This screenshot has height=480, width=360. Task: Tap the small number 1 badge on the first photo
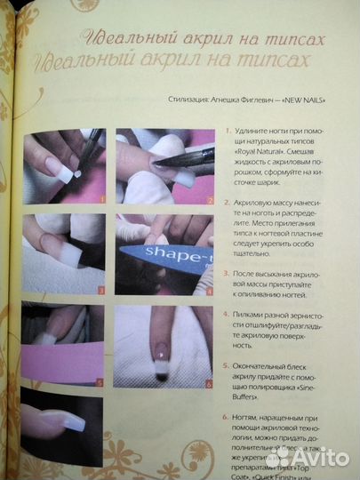(102, 200)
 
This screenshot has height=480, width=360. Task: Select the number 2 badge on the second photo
(210, 201)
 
